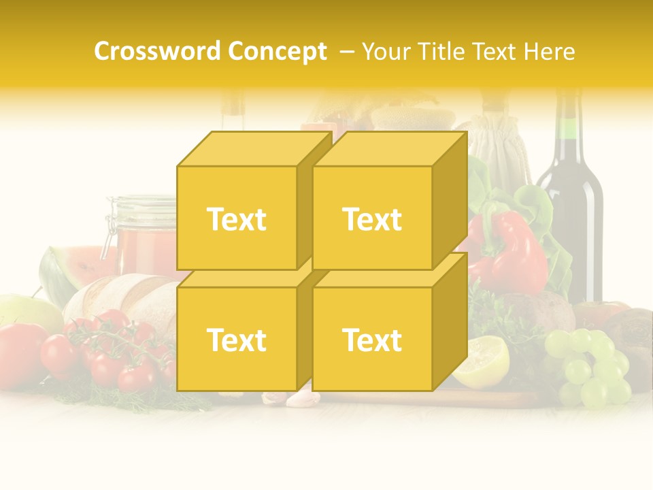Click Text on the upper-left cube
237,219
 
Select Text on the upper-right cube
372,219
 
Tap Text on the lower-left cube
237,340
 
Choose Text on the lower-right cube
372,340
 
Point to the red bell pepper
514,252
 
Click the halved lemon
484,361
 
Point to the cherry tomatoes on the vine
112,350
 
